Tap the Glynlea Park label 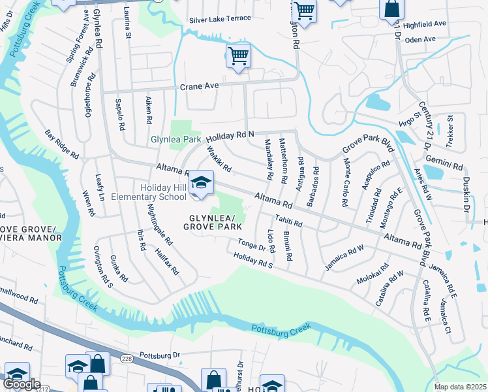(175, 139)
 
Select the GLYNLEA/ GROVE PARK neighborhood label (213, 222)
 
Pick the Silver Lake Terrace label (220, 18)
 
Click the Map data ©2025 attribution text (460, 387)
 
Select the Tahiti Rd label (288, 221)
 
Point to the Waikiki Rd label (219, 158)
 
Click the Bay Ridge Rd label (62, 144)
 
